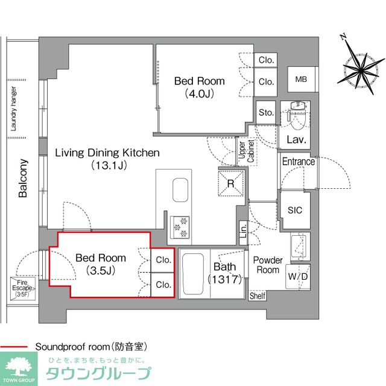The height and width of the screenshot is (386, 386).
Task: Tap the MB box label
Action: (300, 78)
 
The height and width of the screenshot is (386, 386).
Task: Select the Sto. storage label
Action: (266, 113)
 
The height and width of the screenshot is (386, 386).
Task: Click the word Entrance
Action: (299, 162)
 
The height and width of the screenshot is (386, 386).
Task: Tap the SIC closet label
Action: (295, 209)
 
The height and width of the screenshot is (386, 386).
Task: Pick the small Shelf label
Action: (258, 296)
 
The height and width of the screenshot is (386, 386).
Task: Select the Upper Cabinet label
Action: (242, 151)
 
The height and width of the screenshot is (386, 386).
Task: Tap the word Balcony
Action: (22, 179)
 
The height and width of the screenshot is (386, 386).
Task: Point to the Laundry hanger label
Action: (13, 109)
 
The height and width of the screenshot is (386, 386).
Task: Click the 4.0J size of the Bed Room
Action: (199, 93)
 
